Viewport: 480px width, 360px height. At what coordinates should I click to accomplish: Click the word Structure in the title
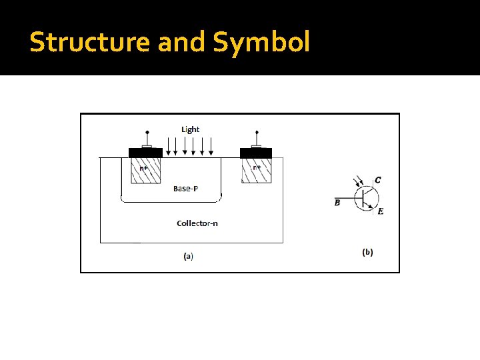[91, 42]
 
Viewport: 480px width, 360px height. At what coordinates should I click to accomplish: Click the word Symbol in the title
[261, 42]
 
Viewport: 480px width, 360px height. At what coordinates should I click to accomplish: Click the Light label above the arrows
[190, 129]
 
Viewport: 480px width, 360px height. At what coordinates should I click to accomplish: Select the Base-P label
[185, 189]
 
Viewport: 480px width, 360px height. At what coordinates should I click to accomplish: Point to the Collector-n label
[197, 223]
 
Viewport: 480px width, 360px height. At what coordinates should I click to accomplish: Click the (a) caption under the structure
[188, 255]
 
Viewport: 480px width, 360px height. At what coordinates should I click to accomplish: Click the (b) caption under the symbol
[367, 252]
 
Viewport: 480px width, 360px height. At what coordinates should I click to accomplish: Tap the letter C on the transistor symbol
[378, 180]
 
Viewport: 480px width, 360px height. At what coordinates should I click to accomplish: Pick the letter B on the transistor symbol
[337, 203]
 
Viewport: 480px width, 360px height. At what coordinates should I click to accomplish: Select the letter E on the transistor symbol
[380, 211]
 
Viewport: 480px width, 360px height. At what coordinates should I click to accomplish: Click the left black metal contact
[145, 153]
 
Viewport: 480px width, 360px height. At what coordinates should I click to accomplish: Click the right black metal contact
[255, 153]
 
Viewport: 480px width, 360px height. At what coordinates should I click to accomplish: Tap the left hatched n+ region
[145, 170]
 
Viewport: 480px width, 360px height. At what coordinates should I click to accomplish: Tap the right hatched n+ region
[257, 170]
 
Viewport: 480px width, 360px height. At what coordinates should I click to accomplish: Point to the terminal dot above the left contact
[147, 132]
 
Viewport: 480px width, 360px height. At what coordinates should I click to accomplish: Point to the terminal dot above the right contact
[257, 132]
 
